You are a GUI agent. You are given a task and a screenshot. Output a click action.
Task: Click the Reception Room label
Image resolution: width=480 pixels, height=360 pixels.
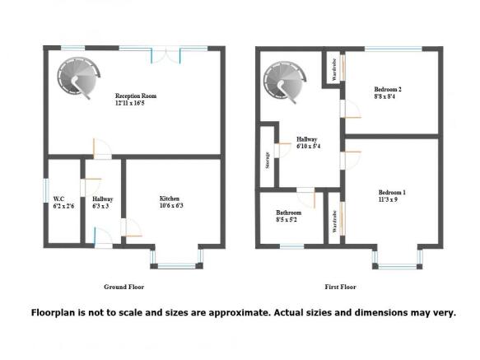(x=136, y=96)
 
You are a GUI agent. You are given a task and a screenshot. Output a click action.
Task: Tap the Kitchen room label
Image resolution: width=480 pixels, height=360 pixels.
(x=170, y=199)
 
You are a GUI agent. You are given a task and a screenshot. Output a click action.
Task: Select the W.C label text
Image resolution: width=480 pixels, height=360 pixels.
(x=58, y=199)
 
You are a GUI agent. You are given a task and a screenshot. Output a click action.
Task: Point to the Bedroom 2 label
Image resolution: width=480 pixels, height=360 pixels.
(x=387, y=89)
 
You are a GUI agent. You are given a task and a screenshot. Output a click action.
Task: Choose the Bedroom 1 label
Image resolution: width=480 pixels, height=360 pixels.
(x=392, y=192)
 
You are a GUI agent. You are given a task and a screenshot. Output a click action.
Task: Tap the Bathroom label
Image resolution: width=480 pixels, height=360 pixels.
(x=289, y=213)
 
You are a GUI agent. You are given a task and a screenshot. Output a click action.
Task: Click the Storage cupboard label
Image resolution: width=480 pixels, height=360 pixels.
(x=268, y=159)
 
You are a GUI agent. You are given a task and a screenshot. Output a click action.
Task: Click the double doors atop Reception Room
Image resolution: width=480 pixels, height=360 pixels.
(x=166, y=53)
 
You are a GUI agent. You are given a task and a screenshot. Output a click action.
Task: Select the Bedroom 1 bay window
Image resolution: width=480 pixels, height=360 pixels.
(x=398, y=264)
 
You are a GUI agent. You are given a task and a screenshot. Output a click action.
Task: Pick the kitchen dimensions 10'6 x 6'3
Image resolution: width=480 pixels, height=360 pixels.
(x=171, y=206)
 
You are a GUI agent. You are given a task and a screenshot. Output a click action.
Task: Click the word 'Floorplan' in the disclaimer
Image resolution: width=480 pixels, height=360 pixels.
(x=57, y=313)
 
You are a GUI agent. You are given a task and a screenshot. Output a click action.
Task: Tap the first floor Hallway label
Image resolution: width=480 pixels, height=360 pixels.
(x=307, y=139)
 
